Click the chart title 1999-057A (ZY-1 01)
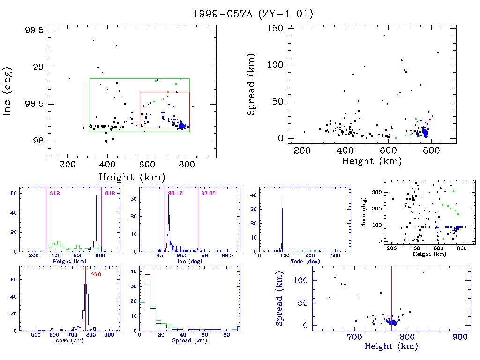coord(253,14)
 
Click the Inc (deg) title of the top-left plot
coord(8,91)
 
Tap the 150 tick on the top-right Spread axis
coord(275,29)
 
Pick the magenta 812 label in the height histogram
coord(110,193)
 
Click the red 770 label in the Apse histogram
coord(96,274)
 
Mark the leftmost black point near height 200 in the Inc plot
coord(69,78)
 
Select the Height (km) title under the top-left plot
coord(132,178)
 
